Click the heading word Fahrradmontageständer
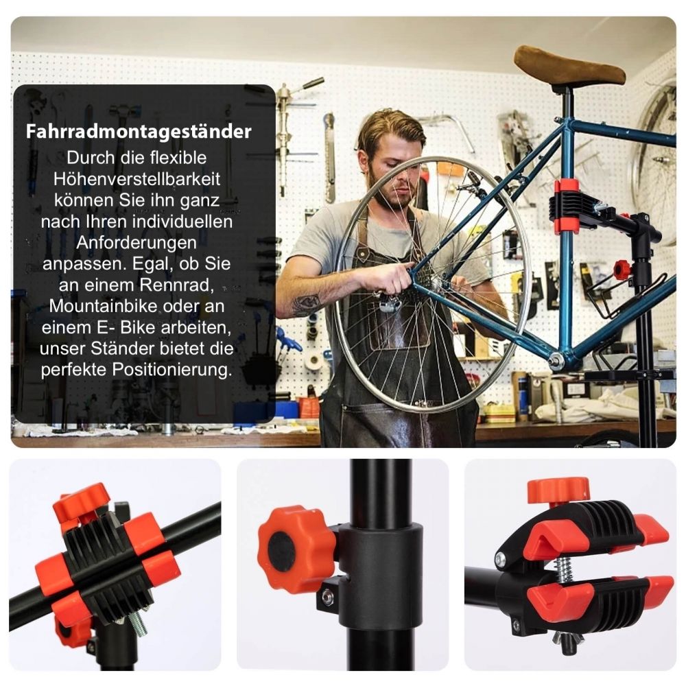tap(139, 131)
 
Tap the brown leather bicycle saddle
tap(569, 67)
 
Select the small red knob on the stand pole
tap(622, 270)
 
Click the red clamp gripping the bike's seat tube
tap(567, 206)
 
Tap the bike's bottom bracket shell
tap(556, 360)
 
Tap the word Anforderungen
tap(137, 242)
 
